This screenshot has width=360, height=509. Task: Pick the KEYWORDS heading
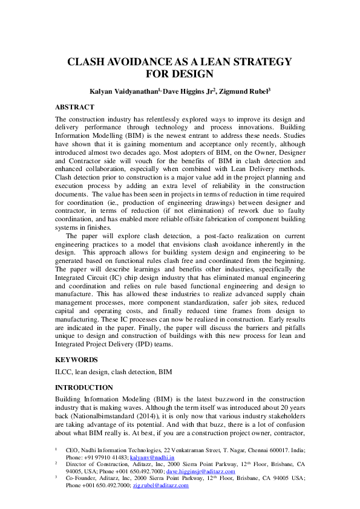pyautogui.click(x=76, y=360)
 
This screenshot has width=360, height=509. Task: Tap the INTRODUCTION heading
pyautogui.click(x=84, y=387)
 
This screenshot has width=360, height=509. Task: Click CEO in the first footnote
pyautogui.click(x=72, y=450)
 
